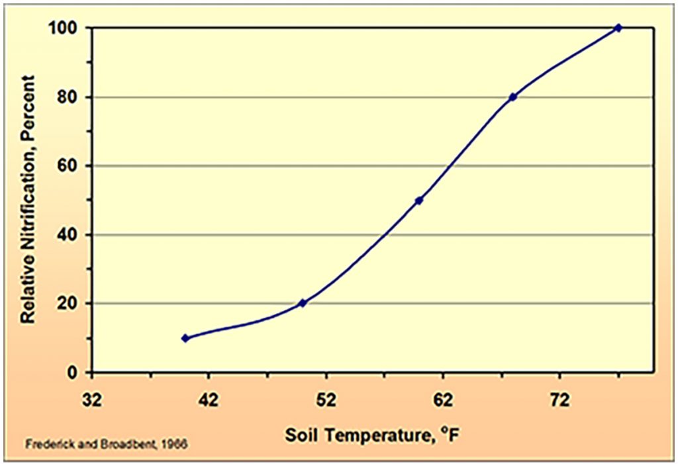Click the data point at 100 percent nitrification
coord(618,28)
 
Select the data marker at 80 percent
coord(512,97)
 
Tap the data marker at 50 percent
coord(418,200)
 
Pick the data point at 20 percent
coord(302,303)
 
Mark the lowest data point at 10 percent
coord(185,338)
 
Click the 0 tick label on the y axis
coord(72,373)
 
